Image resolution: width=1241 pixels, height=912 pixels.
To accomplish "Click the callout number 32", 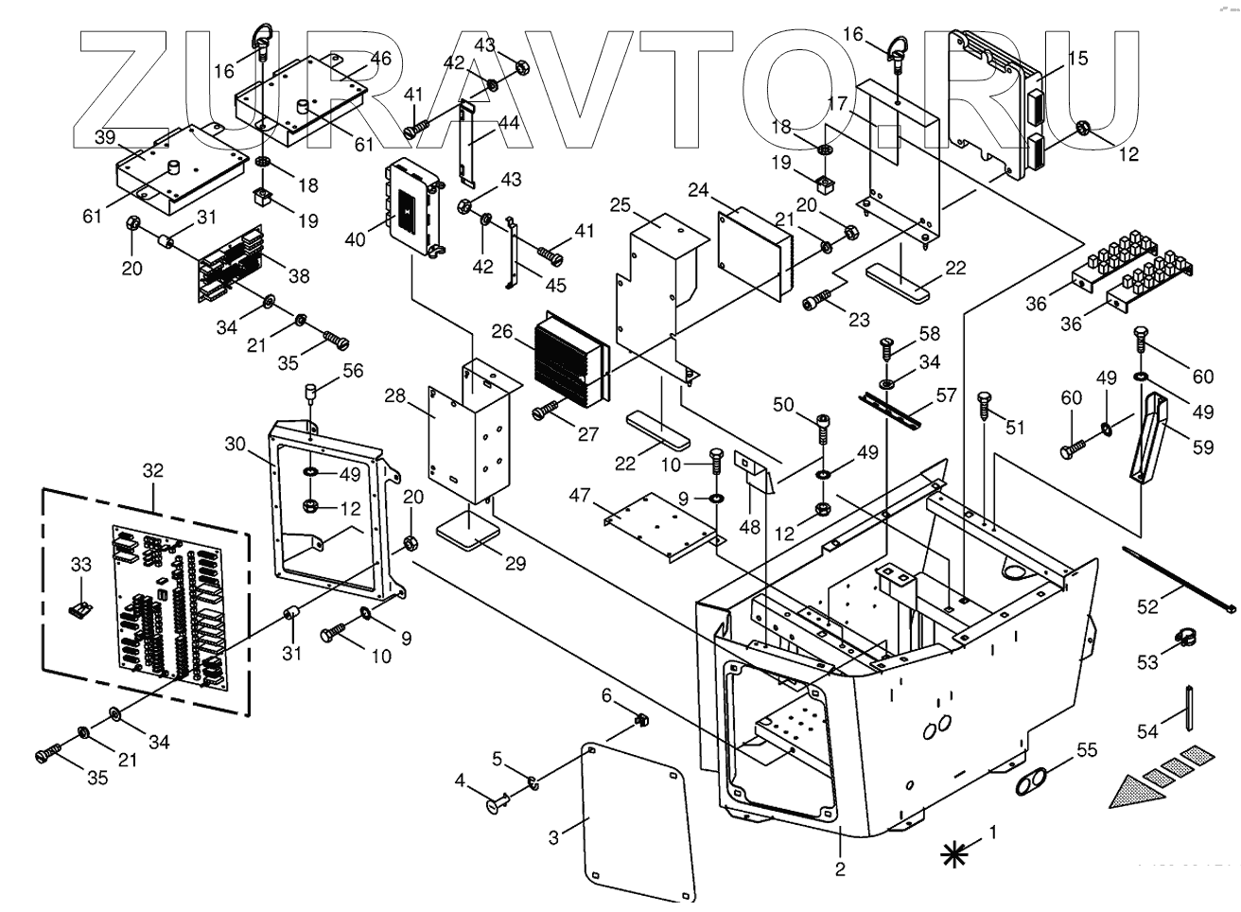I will (x=152, y=469).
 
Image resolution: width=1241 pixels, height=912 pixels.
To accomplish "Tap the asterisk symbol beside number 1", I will (x=956, y=854).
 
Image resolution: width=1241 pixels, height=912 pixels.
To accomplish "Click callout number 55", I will (x=1087, y=751).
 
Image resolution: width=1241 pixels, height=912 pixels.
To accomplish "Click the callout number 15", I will (x=1077, y=59).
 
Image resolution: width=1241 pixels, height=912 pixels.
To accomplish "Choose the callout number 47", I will (x=580, y=495).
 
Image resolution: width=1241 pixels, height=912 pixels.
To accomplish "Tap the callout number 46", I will (x=379, y=58).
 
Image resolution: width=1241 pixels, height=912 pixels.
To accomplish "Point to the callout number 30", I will (x=235, y=444).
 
